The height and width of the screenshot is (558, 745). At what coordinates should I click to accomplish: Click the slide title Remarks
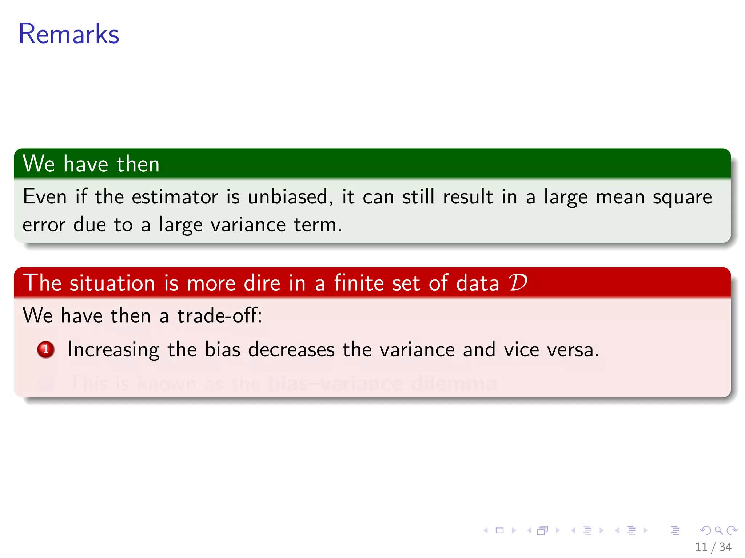click(x=69, y=34)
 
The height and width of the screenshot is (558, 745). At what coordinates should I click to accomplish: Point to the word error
click(x=44, y=225)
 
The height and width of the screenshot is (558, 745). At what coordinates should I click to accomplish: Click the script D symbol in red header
click(x=518, y=282)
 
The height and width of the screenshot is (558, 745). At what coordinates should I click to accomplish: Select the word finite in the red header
click(x=359, y=283)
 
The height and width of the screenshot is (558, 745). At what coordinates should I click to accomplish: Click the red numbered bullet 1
click(x=46, y=349)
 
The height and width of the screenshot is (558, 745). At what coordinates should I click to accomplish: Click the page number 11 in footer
click(x=701, y=547)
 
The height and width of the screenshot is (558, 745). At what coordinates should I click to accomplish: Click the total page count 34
click(x=725, y=547)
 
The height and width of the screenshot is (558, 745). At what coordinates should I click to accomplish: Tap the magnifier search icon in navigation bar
click(x=718, y=530)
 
